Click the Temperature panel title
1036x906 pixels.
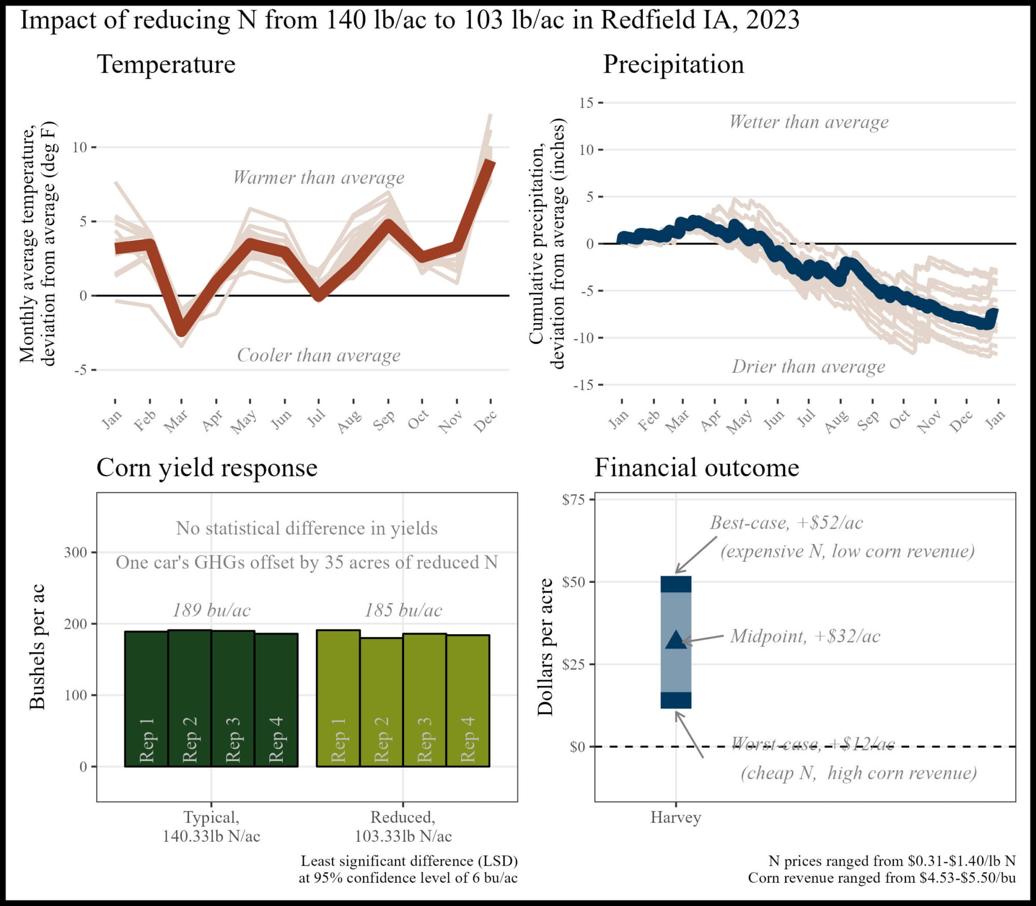tap(166, 64)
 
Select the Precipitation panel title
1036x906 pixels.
tap(673, 64)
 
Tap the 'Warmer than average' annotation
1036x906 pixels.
tap(318, 178)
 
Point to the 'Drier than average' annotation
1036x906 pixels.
tap(808, 367)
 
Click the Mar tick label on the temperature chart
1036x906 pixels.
tap(176, 420)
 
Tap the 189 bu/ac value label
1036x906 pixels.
tap(211, 610)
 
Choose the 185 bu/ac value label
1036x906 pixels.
tap(403, 610)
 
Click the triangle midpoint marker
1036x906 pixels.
tap(675, 640)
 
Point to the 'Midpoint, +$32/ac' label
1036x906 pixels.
tap(805, 636)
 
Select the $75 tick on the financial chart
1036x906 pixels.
tap(573, 500)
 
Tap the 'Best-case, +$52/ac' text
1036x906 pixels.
tap(786, 522)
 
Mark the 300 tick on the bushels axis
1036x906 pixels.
tap(75, 552)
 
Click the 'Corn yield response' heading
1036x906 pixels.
tap(207, 467)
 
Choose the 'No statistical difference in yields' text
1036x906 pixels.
tap(307, 528)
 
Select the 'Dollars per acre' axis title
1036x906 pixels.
tap(545, 647)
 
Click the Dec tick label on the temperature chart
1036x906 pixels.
tap(485, 420)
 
